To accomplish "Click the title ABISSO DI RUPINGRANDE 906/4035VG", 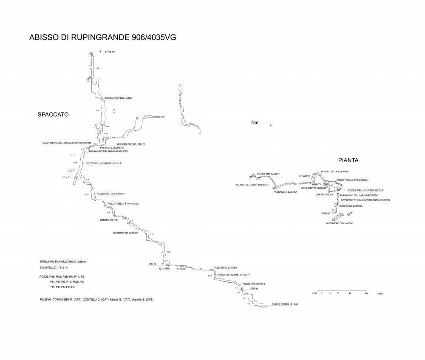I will tap(102, 37).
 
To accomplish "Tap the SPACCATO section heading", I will tap(53, 115).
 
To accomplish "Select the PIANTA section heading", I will tap(348, 160).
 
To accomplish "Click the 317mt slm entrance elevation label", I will tap(110, 52).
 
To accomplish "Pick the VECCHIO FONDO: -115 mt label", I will tap(130, 144).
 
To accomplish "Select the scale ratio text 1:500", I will tap(380, 293).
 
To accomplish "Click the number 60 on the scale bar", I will tap(366, 293).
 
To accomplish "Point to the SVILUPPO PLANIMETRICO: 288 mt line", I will tap(63, 262).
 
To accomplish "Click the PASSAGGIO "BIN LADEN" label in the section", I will tap(119, 98).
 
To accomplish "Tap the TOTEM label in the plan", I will tap(326, 213).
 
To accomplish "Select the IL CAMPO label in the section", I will tap(164, 269).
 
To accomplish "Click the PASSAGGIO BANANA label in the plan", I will tap(285, 192).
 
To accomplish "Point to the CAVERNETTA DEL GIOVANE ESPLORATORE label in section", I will tap(67, 143).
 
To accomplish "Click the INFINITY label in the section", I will tap(181, 269).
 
